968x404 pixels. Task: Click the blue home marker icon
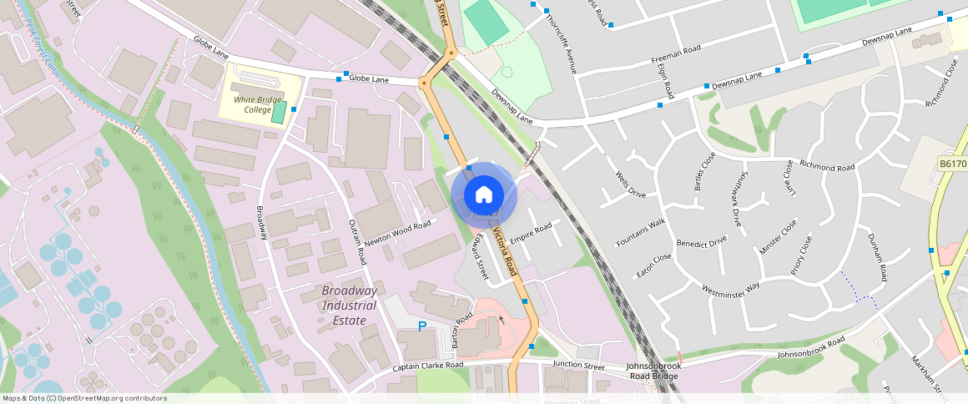pos(484,195)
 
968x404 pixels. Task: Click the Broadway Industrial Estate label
pos(350,305)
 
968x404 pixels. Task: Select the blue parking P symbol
pos(422,326)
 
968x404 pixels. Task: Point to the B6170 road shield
pos(952,164)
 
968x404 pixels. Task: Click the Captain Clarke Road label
pos(428,366)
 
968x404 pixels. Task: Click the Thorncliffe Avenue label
pos(560,42)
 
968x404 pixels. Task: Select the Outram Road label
pos(356,243)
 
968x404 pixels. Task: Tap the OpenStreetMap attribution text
pos(84,398)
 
